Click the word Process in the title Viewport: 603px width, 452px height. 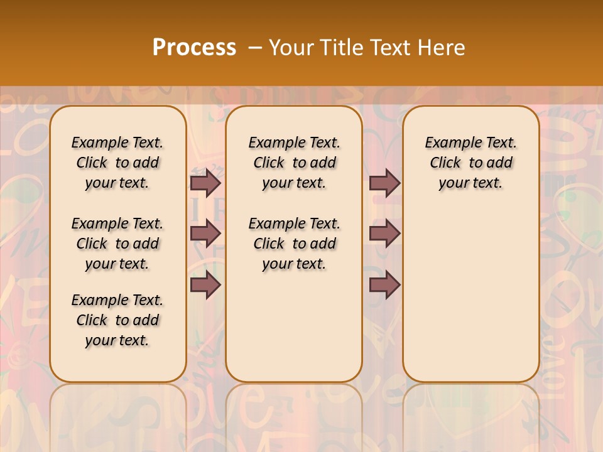coord(194,48)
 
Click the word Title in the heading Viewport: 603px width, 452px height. coord(343,48)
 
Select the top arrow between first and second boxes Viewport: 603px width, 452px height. coord(205,183)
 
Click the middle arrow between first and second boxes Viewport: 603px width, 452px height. coord(205,233)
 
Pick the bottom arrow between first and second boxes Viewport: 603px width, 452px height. coord(205,285)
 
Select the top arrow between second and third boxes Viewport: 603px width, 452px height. coord(384,183)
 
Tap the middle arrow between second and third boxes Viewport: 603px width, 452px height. coord(384,233)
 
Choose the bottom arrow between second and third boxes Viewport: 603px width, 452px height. coord(384,285)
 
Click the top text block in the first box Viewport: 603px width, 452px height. coord(117,163)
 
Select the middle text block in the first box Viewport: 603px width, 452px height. coord(117,244)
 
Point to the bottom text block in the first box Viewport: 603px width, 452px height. coord(117,320)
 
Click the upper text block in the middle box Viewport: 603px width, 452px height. coord(294,163)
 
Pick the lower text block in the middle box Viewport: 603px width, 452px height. coord(294,244)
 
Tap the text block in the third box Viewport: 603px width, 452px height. coord(470,163)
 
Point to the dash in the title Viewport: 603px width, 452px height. coord(255,48)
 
